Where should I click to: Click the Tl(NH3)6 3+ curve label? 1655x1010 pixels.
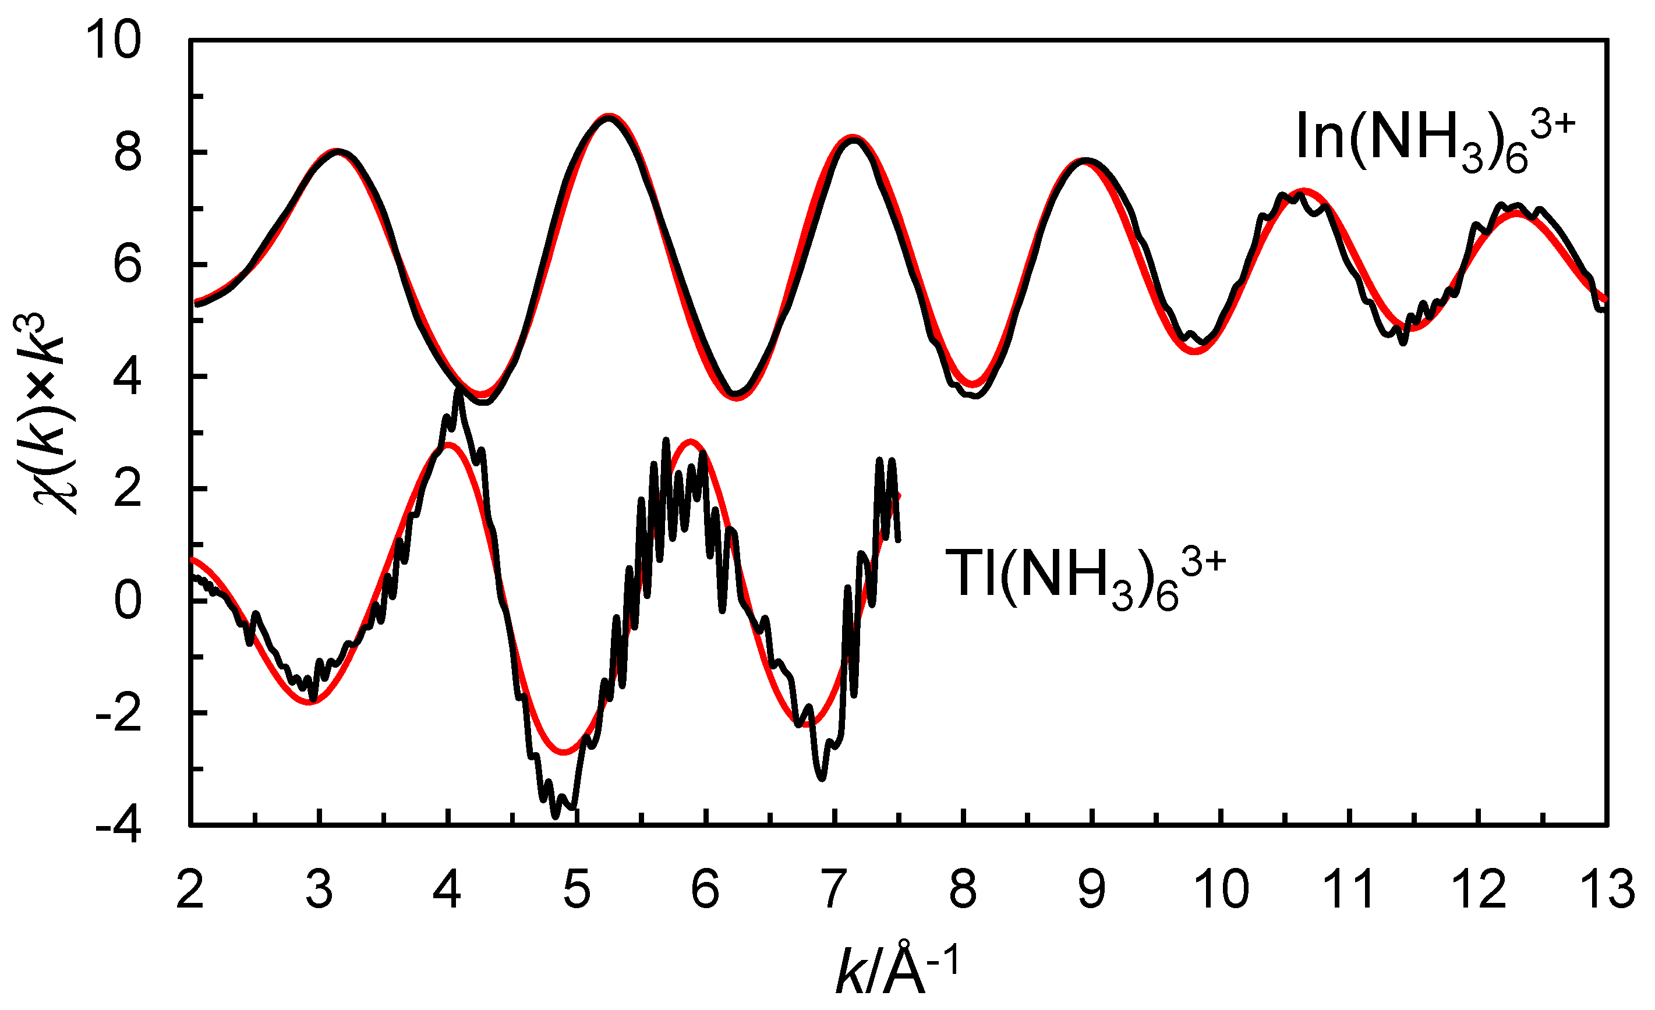click(1084, 576)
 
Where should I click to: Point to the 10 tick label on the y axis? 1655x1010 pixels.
click(114, 42)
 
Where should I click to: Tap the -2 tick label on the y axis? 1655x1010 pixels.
click(119, 713)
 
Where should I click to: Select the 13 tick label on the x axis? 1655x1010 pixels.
click(1606, 890)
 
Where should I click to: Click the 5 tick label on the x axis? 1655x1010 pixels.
click(577, 890)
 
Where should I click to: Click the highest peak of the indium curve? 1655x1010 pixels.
click(609, 117)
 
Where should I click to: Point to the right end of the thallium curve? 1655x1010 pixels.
click(898, 538)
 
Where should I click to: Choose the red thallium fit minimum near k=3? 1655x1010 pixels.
click(310, 702)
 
